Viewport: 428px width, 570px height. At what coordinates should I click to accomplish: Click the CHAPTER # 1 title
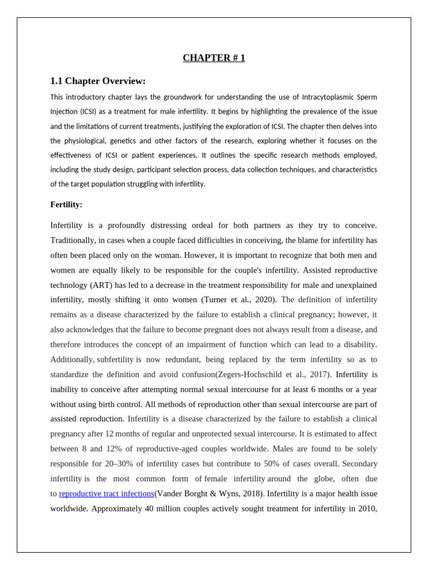pyautogui.click(x=213, y=58)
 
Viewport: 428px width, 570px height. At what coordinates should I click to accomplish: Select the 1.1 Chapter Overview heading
pyautogui.click(x=98, y=81)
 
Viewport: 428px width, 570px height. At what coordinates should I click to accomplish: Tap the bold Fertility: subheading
pyautogui.click(x=66, y=204)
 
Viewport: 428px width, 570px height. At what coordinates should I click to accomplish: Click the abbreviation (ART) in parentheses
pyautogui.click(x=101, y=285)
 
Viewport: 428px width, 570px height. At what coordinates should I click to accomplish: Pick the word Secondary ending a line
pyautogui.click(x=360, y=463)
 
